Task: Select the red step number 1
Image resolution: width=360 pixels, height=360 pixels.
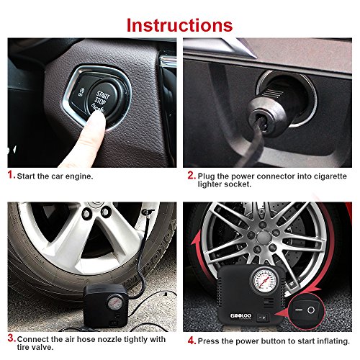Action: (10, 175)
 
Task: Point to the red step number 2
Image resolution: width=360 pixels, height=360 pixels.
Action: (190, 175)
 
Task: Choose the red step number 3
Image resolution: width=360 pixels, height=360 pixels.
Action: (10, 338)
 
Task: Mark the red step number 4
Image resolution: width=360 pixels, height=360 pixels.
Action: (190, 338)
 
